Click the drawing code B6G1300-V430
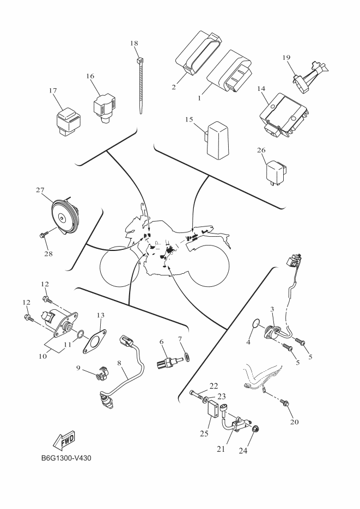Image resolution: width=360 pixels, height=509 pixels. (x=65, y=458)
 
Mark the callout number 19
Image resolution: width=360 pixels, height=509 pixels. (x=286, y=57)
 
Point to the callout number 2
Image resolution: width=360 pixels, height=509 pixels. (x=174, y=87)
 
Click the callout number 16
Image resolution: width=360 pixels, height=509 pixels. (x=90, y=76)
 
